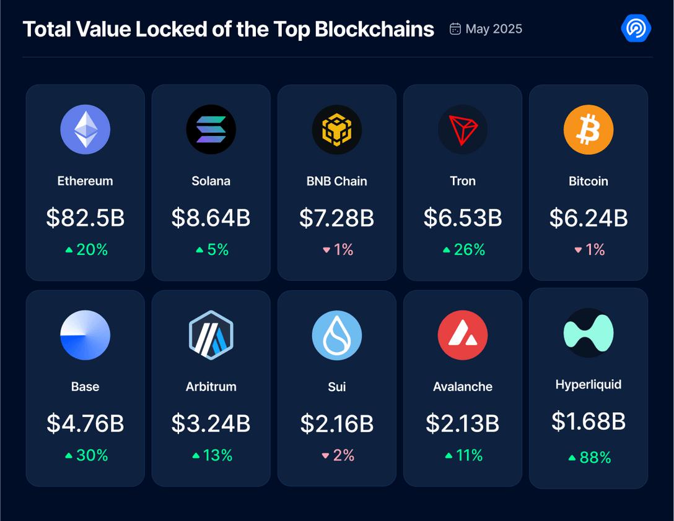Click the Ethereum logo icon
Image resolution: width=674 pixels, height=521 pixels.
(85, 129)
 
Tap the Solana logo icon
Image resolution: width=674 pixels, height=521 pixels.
(211, 129)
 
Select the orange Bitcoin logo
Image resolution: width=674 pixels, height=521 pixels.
(589, 129)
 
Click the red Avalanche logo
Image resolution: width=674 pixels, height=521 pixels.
(463, 335)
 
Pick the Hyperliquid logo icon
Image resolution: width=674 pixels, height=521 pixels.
(589, 332)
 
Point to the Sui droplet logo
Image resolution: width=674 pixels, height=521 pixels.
(337, 335)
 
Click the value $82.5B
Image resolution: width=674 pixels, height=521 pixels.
(85, 218)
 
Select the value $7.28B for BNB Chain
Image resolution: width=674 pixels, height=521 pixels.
(337, 218)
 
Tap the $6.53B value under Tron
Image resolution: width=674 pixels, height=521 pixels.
(463, 218)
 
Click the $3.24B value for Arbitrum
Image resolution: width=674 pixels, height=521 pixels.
(211, 423)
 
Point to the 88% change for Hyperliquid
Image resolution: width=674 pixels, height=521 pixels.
(589, 458)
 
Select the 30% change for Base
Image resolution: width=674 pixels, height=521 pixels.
(86, 455)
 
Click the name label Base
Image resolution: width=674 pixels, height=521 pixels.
(85, 387)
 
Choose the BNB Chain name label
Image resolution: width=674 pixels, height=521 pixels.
(337, 181)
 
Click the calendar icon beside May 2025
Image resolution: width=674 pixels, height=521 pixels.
(455, 29)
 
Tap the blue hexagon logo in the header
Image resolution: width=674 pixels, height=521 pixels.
(636, 28)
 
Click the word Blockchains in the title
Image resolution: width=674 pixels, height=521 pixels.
(374, 29)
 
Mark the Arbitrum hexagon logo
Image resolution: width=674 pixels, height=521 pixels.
(211, 335)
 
